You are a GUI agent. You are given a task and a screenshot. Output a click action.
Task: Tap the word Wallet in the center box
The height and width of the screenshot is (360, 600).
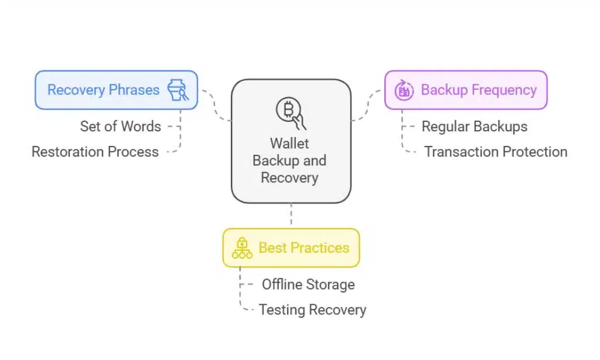click(289, 144)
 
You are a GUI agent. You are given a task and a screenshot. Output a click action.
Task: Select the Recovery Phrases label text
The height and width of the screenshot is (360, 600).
click(103, 90)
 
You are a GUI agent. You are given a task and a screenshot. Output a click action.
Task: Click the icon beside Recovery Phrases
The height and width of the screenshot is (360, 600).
click(177, 90)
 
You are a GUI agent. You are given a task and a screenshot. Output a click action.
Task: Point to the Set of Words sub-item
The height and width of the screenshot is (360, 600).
click(121, 126)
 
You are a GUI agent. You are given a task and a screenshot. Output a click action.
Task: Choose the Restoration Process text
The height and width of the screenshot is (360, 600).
click(95, 152)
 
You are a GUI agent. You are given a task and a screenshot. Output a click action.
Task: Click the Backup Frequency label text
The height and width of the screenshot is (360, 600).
click(479, 90)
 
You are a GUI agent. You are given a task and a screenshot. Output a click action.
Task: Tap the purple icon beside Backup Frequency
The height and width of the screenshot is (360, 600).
click(404, 90)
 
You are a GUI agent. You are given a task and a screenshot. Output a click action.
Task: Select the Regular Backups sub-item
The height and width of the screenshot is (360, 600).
click(475, 126)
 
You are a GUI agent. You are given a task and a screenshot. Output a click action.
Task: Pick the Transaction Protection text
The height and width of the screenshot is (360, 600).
click(496, 152)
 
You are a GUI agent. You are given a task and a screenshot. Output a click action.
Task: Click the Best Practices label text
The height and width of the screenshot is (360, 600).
click(304, 248)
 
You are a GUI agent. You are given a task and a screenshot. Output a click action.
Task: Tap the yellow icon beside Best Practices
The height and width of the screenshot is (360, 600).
click(242, 248)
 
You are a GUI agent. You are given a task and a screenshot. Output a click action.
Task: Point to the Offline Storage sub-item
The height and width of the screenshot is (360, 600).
click(308, 284)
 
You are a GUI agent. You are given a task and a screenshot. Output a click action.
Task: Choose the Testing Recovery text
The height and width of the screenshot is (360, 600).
click(312, 310)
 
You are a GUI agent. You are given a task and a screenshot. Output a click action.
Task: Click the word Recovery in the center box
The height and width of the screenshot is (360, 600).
click(289, 177)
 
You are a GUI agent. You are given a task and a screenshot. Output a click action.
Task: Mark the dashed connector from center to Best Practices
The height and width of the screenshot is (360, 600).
click(291, 216)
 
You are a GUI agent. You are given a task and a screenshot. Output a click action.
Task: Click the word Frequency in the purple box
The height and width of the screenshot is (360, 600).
click(508, 90)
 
